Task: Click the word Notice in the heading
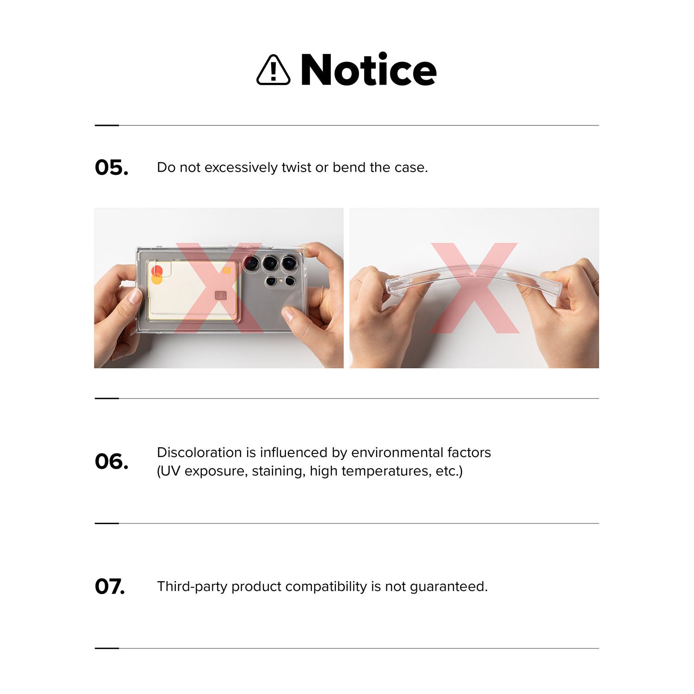pos(368,69)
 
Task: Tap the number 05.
pos(112,167)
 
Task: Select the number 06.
pos(112,461)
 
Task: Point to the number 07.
pos(110,586)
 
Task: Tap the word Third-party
pos(192,587)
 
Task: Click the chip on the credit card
pos(221,295)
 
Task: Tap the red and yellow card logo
pos(157,274)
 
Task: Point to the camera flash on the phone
pos(281,280)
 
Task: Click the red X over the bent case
pos(474,288)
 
